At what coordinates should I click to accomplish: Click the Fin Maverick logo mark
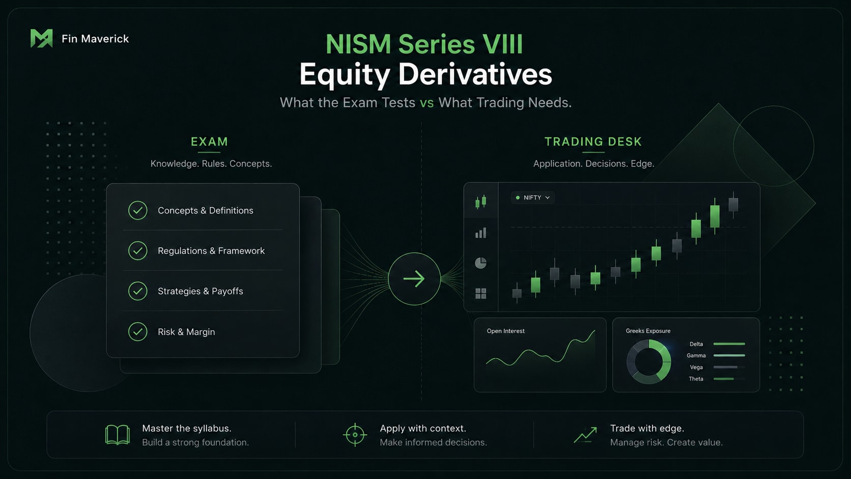pyautogui.click(x=41, y=38)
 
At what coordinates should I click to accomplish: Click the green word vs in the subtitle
pyautogui.click(x=427, y=102)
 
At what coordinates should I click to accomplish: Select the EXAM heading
pyautogui.click(x=209, y=142)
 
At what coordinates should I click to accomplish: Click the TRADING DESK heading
pyautogui.click(x=593, y=142)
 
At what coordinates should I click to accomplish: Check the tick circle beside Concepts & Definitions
pyautogui.click(x=137, y=210)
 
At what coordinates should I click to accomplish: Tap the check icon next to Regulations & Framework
pyautogui.click(x=137, y=251)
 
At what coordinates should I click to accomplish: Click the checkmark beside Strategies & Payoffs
pyautogui.click(x=137, y=291)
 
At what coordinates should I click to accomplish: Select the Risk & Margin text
pyautogui.click(x=186, y=331)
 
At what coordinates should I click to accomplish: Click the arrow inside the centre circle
pyautogui.click(x=414, y=279)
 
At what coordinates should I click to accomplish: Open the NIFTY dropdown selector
pyautogui.click(x=532, y=198)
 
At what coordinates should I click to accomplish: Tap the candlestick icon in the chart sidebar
pyautogui.click(x=480, y=202)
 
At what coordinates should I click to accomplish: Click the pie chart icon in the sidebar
pyautogui.click(x=480, y=263)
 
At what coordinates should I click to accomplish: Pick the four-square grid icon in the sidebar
pyautogui.click(x=480, y=293)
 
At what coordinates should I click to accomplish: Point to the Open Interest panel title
pyautogui.click(x=505, y=331)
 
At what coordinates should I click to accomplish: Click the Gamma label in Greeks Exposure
pyautogui.click(x=696, y=355)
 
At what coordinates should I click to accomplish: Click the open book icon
pyautogui.click(x=118, y=435)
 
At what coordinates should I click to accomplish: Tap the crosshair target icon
pyautogui.click(x=355, y=435)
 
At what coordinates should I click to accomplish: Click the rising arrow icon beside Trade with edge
pyautogui.click(x=585, y=435)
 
